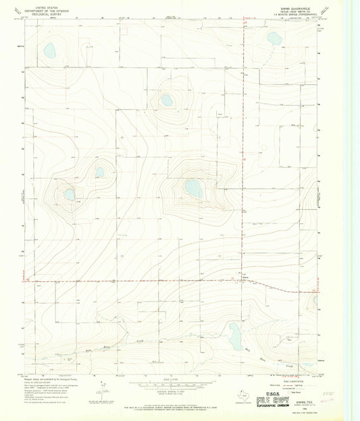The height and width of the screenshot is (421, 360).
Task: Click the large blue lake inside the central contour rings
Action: pyautogui.click(x=194, y=188)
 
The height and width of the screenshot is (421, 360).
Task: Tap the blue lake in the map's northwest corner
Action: pyautogui.click(x=49, y=49)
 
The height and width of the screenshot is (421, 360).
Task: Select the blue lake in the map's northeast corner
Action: pyautogui.click(x=274, y=38)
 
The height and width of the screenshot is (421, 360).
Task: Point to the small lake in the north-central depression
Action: pyautogui.click(x=166, y=101)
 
